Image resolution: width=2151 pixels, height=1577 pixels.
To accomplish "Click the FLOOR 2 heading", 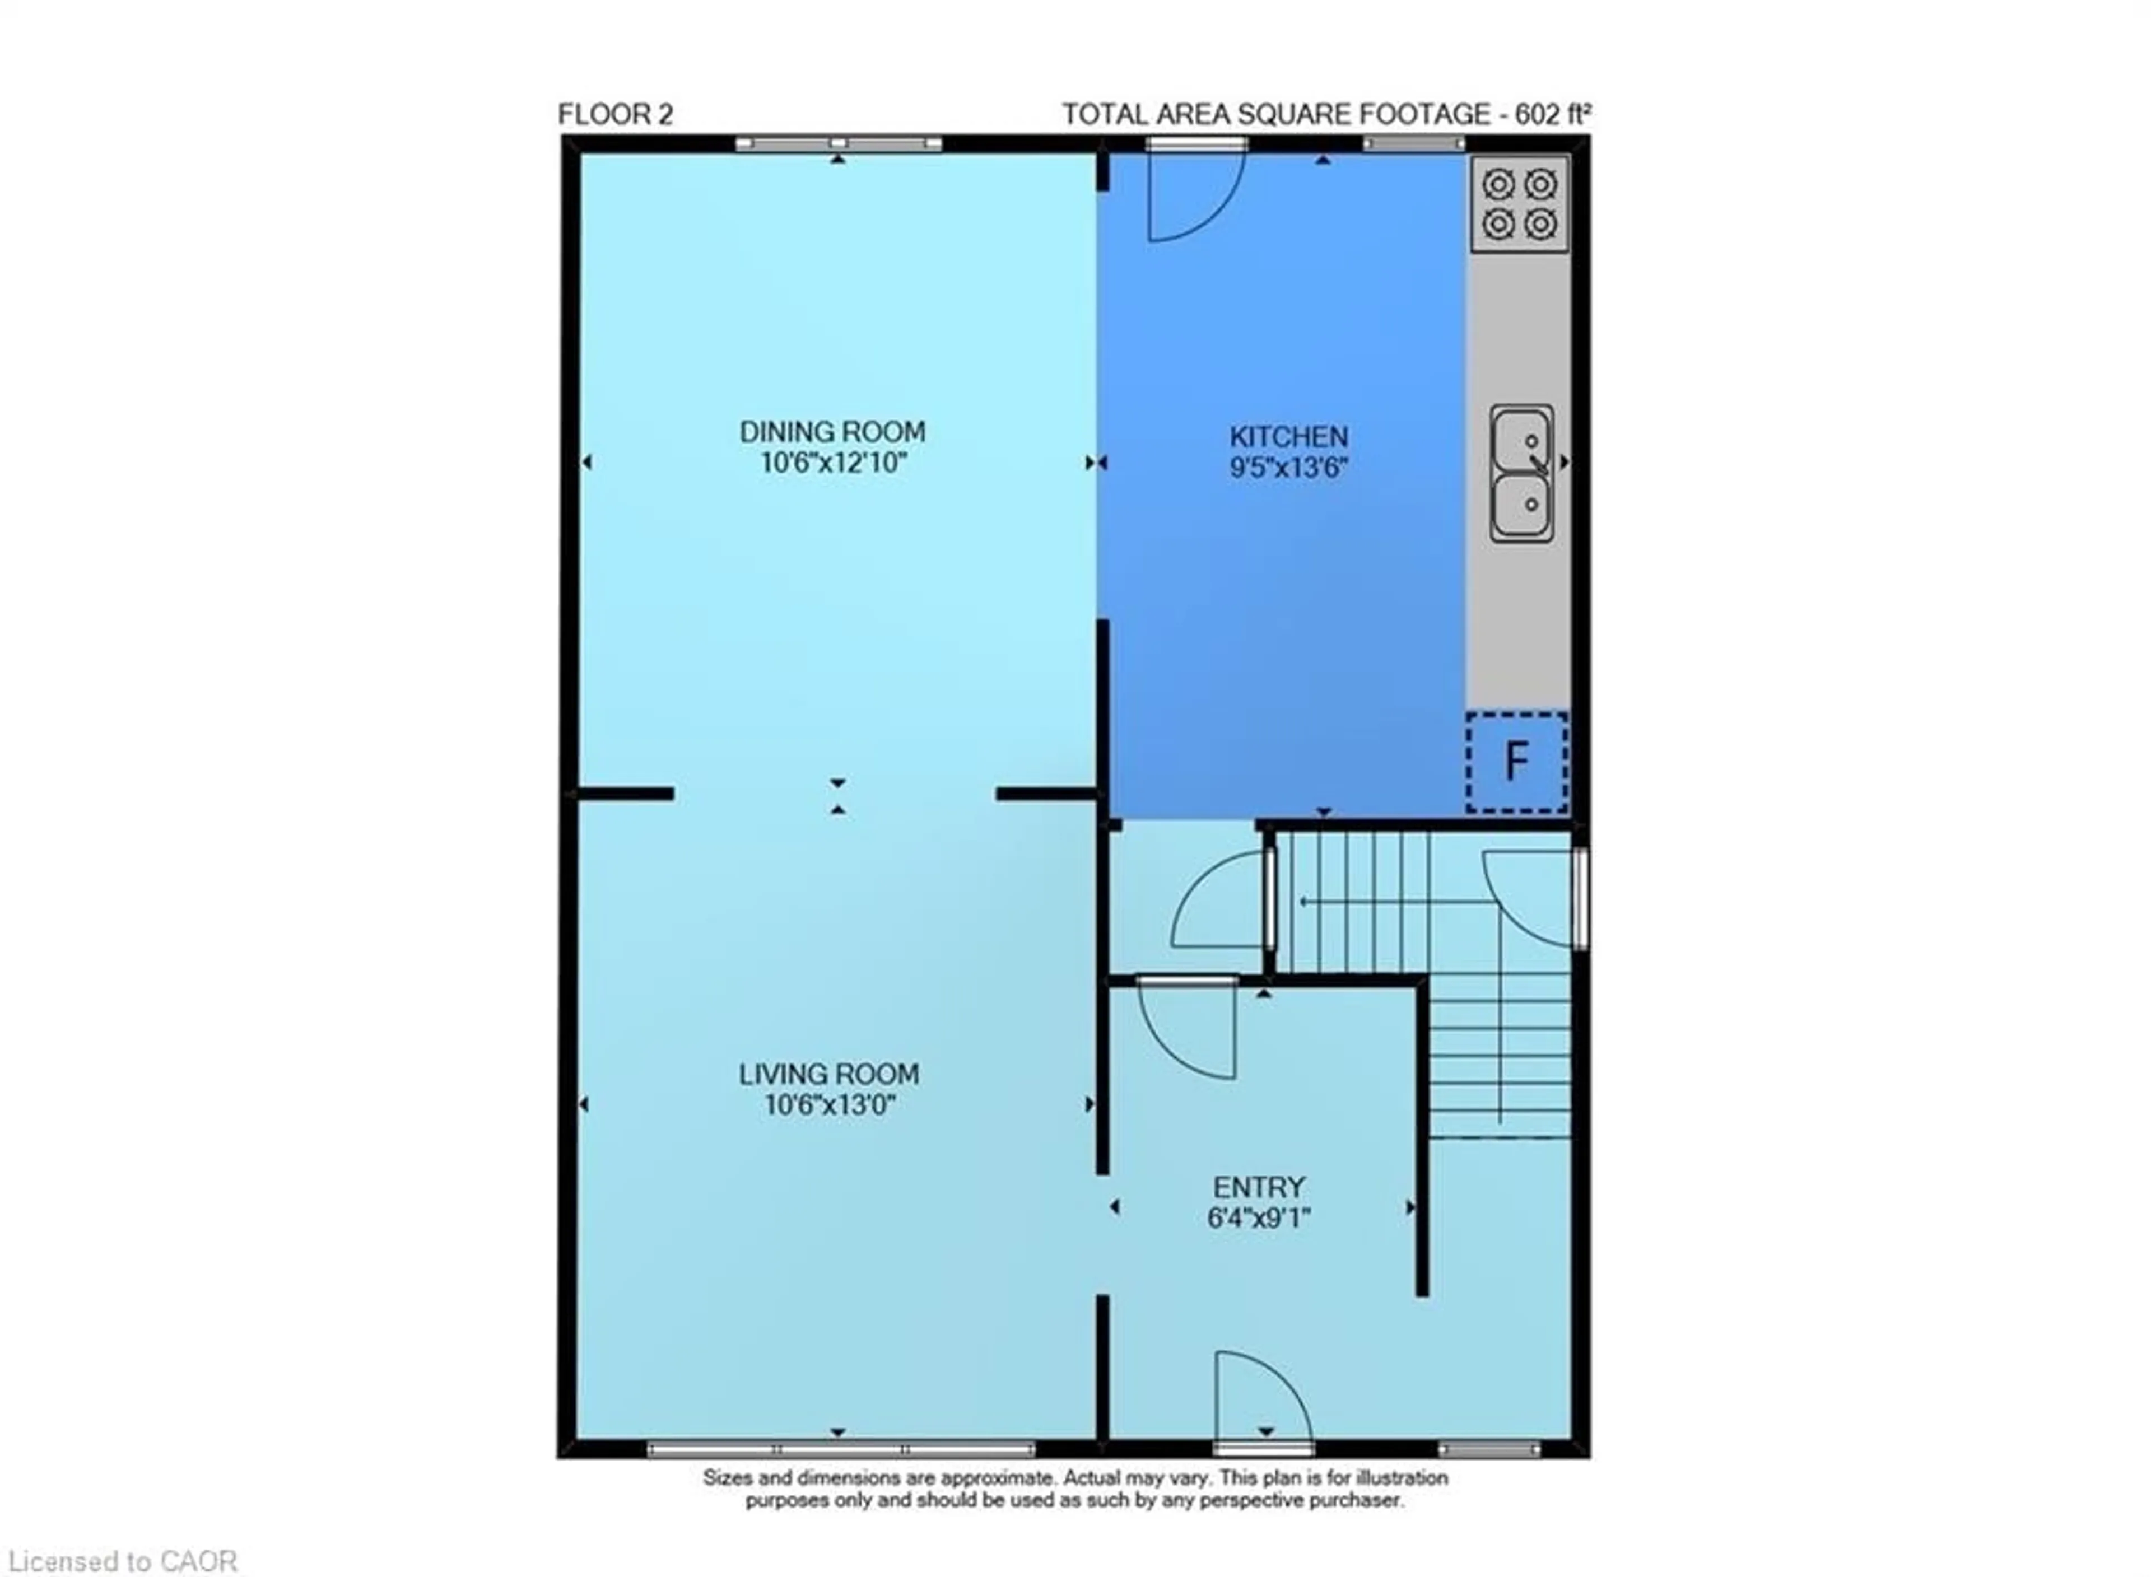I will point(615,115).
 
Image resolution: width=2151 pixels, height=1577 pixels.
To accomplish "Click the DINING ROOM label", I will point(832,431).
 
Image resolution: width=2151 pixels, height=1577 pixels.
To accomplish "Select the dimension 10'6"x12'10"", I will point(832,463).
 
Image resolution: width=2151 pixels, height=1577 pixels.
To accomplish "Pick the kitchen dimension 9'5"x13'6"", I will point(1288,468).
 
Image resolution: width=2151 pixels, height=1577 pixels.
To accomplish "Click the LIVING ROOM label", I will point(828,1074).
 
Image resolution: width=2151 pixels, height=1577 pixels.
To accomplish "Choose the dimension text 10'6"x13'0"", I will point(830,1105).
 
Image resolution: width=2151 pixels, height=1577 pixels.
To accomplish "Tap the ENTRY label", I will point(1258,1188).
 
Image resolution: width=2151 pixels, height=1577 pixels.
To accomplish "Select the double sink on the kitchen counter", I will point(1522,473).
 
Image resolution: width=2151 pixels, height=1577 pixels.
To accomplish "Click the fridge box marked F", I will point(1516,762).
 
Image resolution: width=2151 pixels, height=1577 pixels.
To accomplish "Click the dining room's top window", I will point(838,144).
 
